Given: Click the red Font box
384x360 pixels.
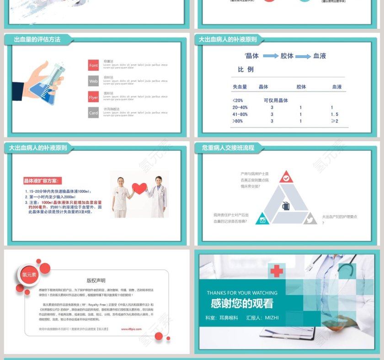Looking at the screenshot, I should point(93,65).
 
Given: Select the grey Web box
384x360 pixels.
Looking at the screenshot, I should point(93,81).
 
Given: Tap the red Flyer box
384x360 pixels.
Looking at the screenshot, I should point(93,97).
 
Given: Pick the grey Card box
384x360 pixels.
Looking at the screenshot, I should point(93,113).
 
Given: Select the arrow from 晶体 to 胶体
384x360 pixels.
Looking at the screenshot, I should point(271,56).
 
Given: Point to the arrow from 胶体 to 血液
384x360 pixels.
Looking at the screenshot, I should point(303,56).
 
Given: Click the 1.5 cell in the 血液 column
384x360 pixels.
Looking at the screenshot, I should point(335,114).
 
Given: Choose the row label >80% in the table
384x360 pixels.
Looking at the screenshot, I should point(238,121).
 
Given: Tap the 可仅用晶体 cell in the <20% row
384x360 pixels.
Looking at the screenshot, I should point(276,101).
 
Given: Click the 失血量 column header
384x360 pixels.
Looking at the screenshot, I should point(240,86).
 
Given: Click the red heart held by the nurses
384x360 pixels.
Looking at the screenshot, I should point(139,188).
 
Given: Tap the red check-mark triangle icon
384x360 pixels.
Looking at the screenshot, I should point(286,177).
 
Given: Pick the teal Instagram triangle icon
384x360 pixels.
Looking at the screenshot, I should point(263,219).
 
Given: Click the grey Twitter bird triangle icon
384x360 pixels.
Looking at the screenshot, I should point(309,219).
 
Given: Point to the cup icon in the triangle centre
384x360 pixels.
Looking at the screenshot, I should point(286,206).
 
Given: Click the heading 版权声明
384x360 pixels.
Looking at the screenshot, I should point(96,281).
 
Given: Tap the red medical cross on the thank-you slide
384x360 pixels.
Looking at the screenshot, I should point(276,271).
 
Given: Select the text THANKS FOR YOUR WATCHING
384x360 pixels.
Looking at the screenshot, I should point(242,293).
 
